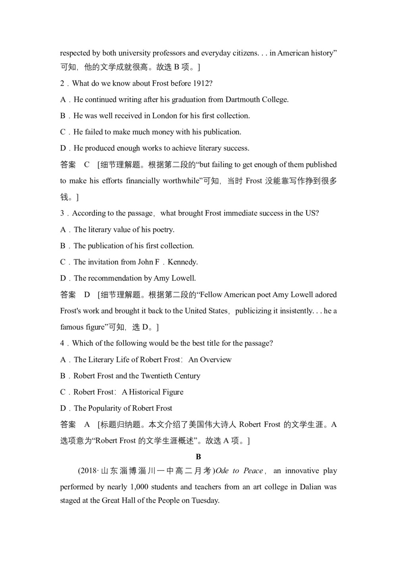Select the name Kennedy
click(182, 262)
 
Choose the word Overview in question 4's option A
click(210, 360)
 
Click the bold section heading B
click(198, 457)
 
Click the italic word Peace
click(253, 471)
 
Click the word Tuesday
click(205, 501)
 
